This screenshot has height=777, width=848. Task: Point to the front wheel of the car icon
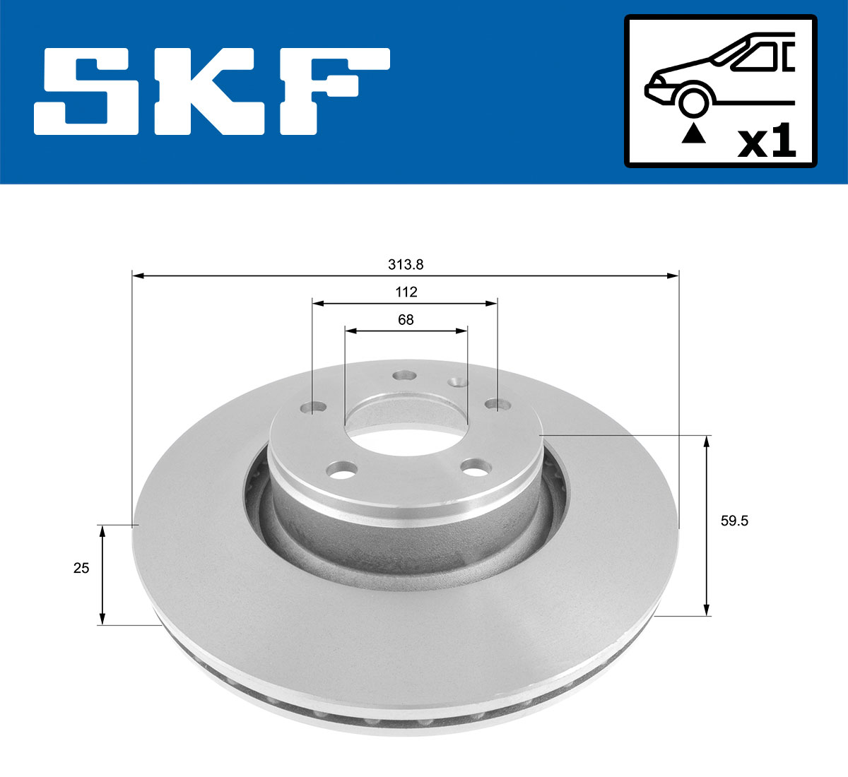point(693,102)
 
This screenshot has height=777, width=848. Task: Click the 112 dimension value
point(406,292)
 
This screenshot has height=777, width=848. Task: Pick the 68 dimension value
point(406,319)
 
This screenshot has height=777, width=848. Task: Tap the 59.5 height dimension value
point(734,521)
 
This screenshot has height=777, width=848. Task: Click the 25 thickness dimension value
point(81,567)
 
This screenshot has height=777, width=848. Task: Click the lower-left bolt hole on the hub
point(343,468)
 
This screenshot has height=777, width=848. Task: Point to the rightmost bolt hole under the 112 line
point(499,405)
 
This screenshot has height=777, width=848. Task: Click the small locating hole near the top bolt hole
point(459,382)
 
